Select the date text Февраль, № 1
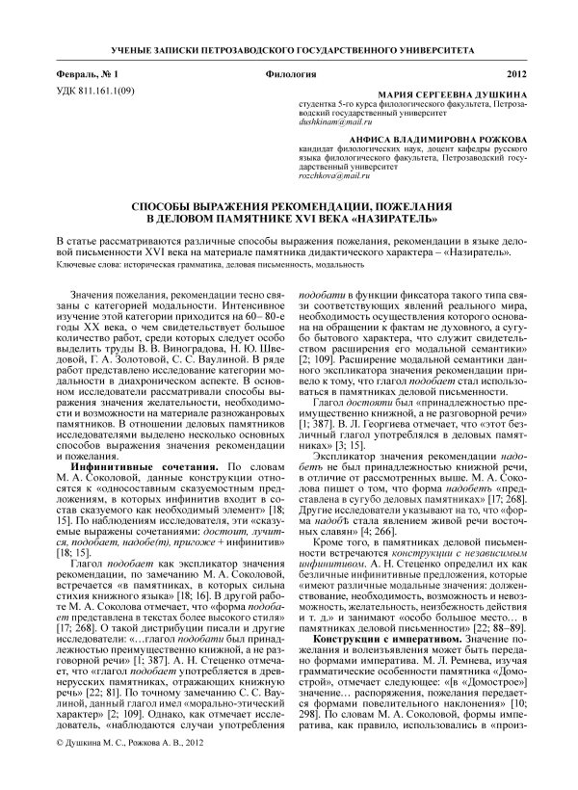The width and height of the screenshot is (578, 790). click(88, 74)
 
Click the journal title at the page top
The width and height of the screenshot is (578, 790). click(288, 47)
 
